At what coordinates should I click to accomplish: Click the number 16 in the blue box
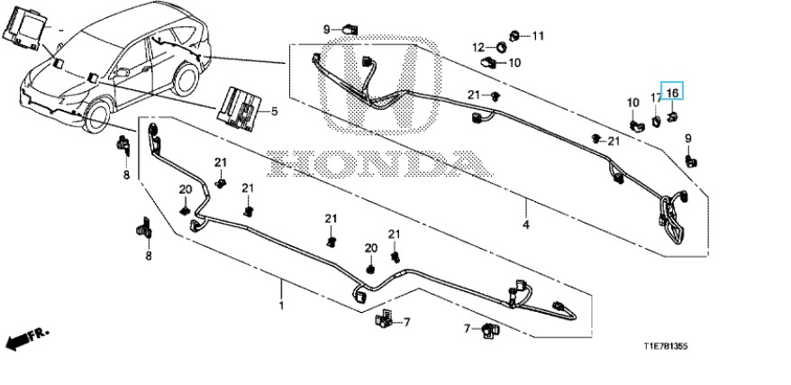coord(672,92)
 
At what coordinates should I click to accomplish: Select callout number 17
coord(656,97)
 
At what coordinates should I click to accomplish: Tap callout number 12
coord(478,46)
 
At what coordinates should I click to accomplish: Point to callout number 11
coord(538,36)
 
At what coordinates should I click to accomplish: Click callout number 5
coord(275,111)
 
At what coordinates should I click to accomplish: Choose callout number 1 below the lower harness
coord(280,307)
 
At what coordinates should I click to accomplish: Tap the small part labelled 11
coord(514,36)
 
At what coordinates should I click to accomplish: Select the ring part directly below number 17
coord(657,117)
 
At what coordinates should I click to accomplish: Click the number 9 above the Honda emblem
coord(327,30)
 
